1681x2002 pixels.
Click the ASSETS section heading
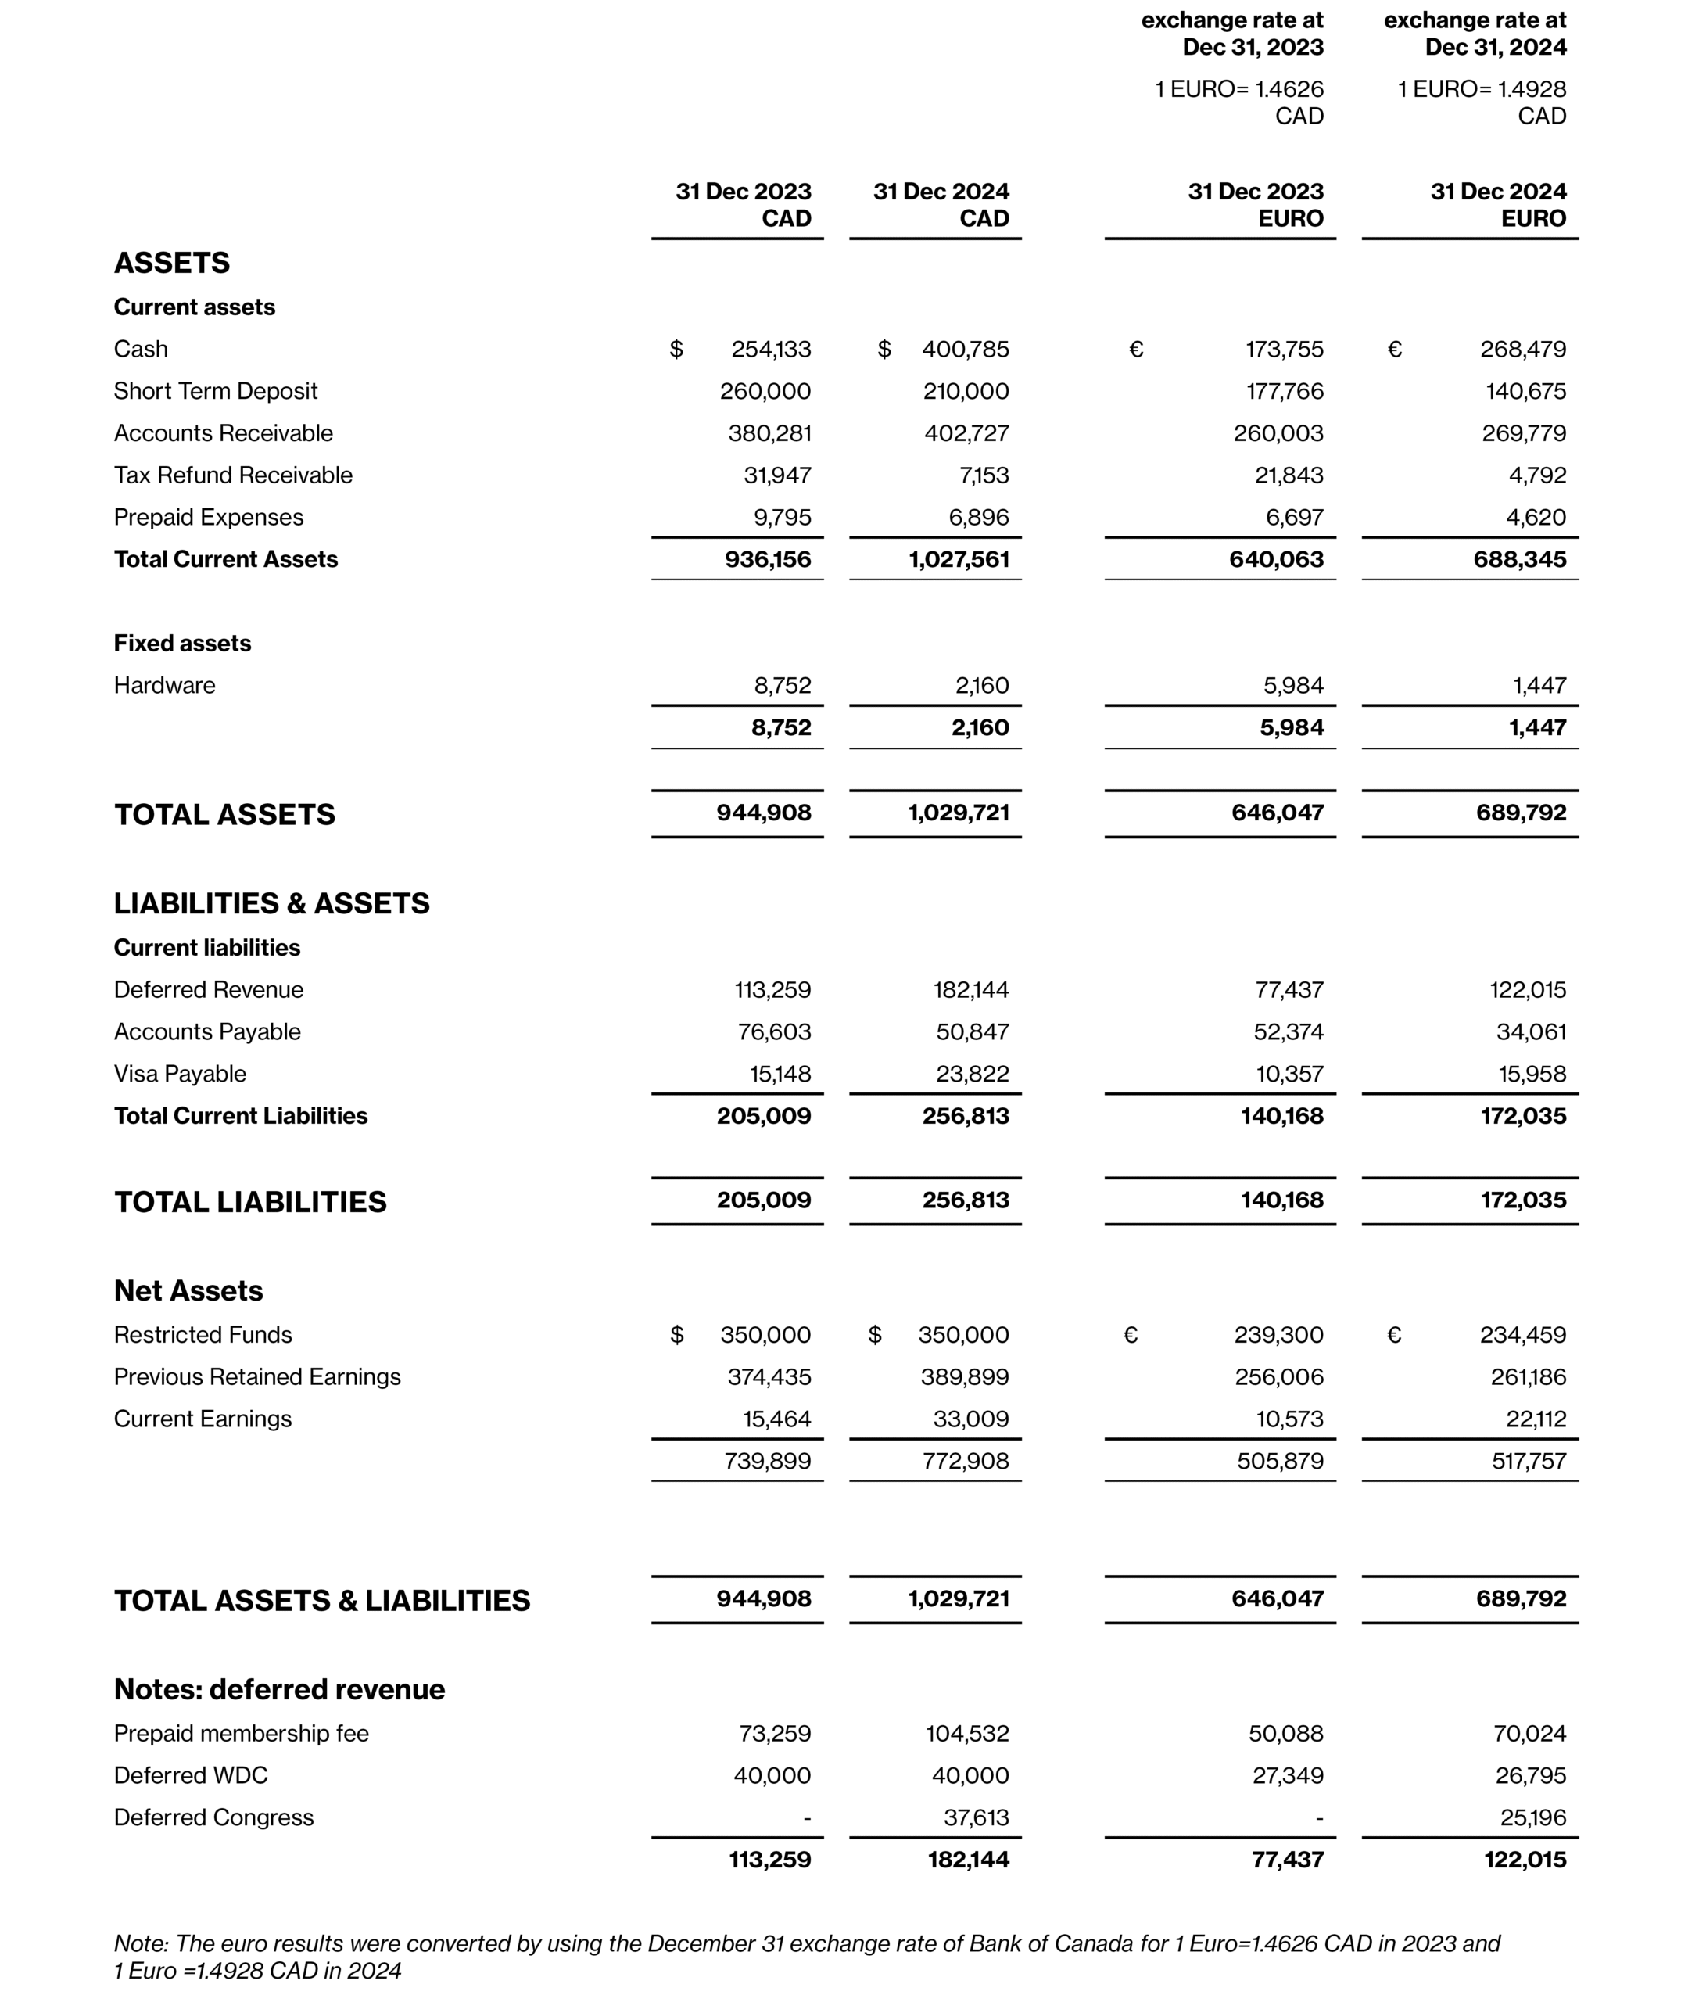pyautogui.click(x=171, y=263)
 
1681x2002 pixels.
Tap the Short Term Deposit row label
pyautogui.click(x=215, y=392)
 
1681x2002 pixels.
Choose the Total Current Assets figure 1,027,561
pyautogui.click(x=959, y=560)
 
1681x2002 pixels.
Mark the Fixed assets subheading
pyautogui.click(x=182, y=644)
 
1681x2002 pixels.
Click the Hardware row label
pyautogui.click(x=164, y=685)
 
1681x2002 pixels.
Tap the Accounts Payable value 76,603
pyautogui.click(x=774, y=1032)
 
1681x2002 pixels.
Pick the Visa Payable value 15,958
pyautogui.click(x=1532, y=1075)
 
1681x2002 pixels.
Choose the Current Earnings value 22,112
pyautogui.click(x=1536, y=1419)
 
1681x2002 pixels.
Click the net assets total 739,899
pyautogui.click(x=767, y=1462)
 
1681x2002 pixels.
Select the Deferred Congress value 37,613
pyautogui.click(x=976, y=1818)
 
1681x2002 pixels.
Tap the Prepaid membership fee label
pyautogui.click(x=241, y=1734)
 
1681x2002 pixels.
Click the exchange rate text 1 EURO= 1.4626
pyautogui.click(x=1238, y=90)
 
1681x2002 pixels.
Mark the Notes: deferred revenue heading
pyautogui.click(x=279, y=1690)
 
